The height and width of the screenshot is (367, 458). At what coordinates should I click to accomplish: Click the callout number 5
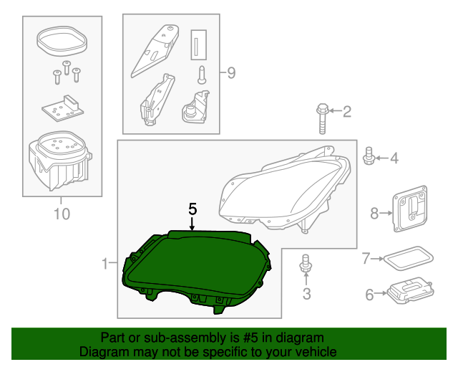point(192,209)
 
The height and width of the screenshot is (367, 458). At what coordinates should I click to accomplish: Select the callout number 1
point(104,264)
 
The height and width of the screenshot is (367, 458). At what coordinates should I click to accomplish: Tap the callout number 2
point(347,111)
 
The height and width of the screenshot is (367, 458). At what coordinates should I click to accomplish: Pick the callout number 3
point(306,293)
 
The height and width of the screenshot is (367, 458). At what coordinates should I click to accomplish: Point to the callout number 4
point(394,158)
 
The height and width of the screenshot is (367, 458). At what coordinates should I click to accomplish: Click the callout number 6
point(369,294)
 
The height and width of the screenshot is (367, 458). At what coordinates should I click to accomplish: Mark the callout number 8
point(374,212)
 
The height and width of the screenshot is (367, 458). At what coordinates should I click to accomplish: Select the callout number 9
point(230,72)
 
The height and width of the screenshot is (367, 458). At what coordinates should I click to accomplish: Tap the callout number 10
point(62,214)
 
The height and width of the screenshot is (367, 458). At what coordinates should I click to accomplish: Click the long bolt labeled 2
point(322,119)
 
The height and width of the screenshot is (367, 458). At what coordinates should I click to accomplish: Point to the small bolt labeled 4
point(370,156)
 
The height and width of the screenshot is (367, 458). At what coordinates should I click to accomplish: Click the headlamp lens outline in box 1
point(286,190)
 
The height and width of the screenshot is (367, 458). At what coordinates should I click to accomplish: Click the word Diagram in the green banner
point(103,353)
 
